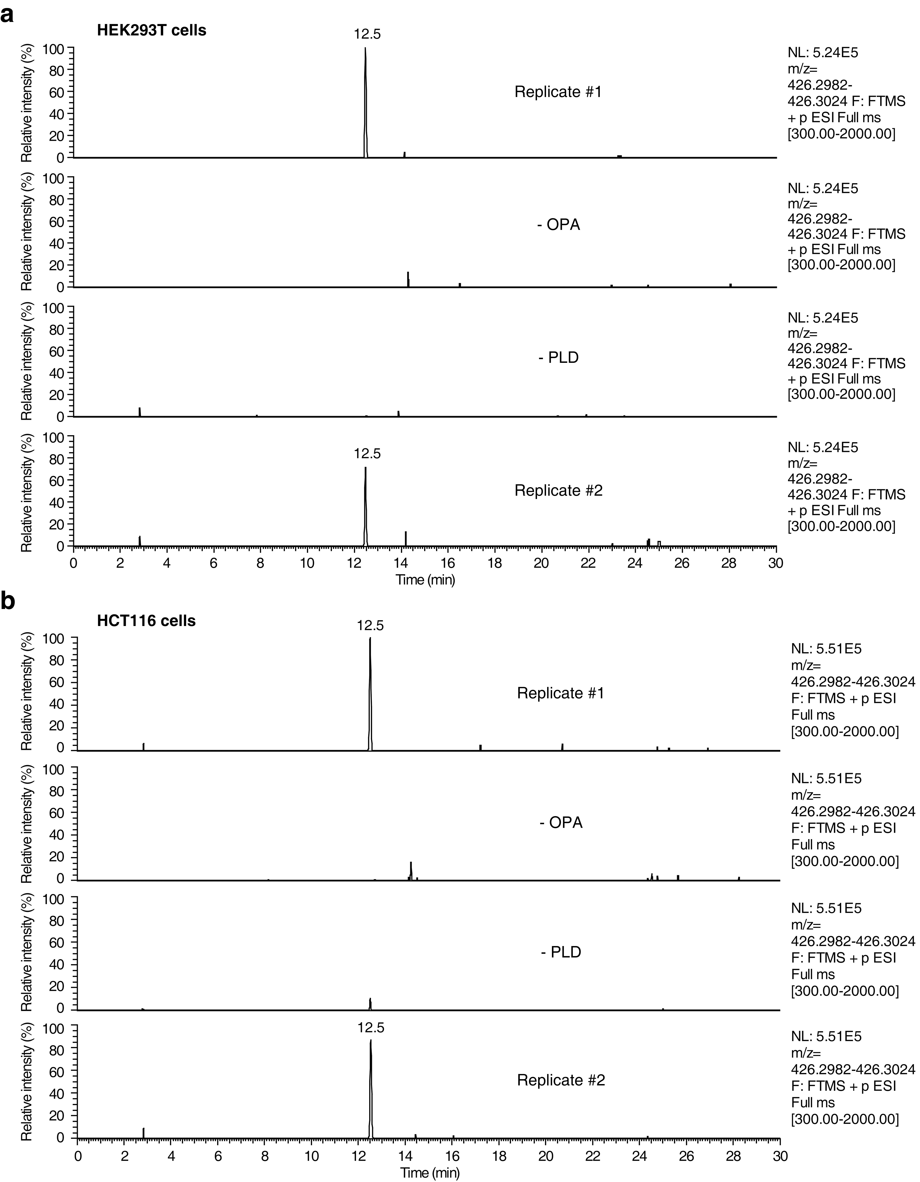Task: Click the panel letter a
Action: click(8, 15)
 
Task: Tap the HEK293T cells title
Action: click(152, 30)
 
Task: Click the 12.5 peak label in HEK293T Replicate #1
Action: click(367, 34)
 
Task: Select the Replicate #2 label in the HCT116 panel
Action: click(561, 1080)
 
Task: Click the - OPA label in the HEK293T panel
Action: click(558, 225)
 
